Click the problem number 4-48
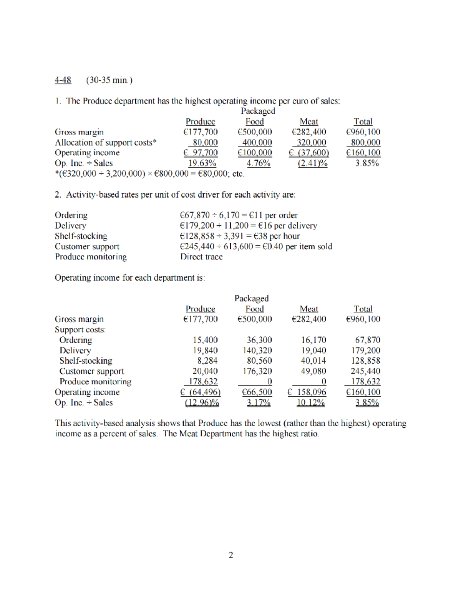[x=63, y=80]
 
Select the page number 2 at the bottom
[x=230, y=555]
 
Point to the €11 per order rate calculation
[x=238, y=215]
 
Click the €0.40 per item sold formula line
[x=255, y=246]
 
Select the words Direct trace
[x=201, y=257]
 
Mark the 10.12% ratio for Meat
[x=310, y=402]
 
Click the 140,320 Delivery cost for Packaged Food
[x=257, y=351]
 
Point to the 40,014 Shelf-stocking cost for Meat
[x=313, y=361]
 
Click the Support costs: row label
[x=80, y=330]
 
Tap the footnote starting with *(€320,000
[x=149, y=174]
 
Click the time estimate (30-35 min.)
[x=109, y=80]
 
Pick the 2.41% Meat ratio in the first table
[x=312, y=163]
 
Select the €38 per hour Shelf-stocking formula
[x=239, y=236]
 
